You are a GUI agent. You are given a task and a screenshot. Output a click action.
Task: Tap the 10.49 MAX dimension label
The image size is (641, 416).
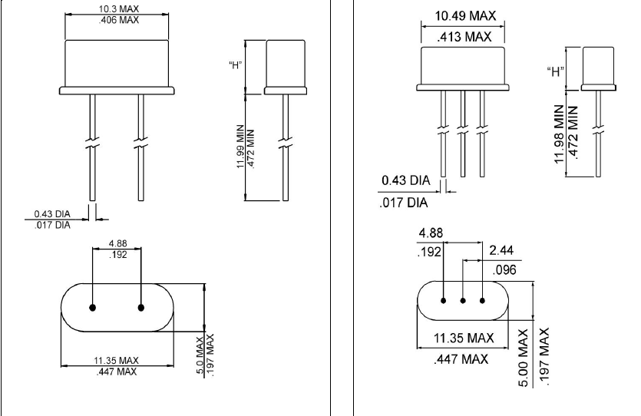[463, 16]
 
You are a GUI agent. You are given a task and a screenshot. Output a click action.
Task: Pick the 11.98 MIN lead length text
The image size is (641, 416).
[559, 136]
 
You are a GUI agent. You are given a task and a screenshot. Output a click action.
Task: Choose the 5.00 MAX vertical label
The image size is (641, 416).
[525, 358]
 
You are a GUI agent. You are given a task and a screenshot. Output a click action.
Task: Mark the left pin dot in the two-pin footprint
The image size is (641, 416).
[93, 308]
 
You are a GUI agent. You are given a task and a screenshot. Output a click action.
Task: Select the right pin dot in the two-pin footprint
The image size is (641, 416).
[141, 308]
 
